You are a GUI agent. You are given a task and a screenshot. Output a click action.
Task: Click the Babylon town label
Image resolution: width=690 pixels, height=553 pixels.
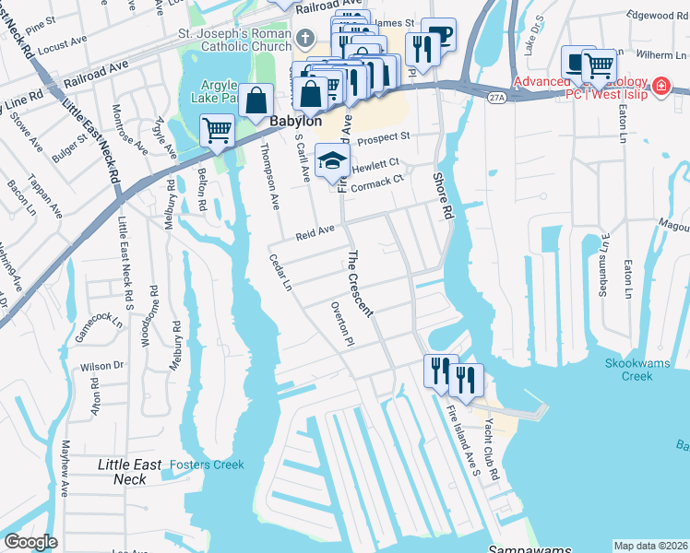(x=296, y=122)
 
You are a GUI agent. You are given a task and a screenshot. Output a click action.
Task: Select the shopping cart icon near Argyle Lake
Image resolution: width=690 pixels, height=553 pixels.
(x=217, y=131)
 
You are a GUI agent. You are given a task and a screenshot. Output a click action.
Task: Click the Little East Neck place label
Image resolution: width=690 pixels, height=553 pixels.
(x=129, y=472)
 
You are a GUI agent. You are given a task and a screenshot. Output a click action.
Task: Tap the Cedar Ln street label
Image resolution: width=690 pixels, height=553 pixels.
(x=280, y=274)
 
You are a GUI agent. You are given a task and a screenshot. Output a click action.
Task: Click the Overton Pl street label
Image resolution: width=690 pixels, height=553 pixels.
(x=340, y=324)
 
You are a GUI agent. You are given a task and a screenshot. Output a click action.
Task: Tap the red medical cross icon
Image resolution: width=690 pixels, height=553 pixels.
(x=660, y=87)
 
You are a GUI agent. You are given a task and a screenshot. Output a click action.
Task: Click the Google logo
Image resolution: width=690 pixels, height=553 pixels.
(x=30, y=542)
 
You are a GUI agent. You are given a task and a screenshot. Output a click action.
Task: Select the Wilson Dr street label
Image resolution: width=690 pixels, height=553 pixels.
(x=101, y=366)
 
